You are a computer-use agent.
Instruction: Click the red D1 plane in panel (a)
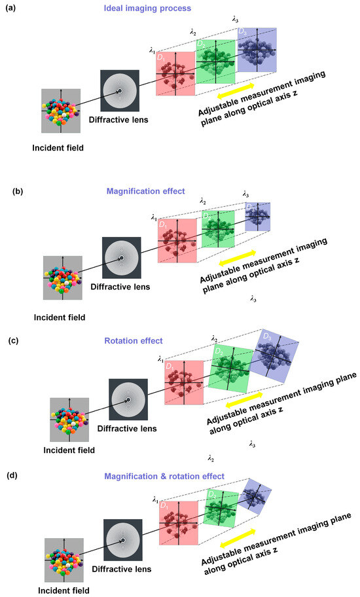click(175, 74)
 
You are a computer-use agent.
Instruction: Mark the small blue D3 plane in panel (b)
click(257, 216)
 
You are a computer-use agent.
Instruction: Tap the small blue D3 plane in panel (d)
click(254, 498)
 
